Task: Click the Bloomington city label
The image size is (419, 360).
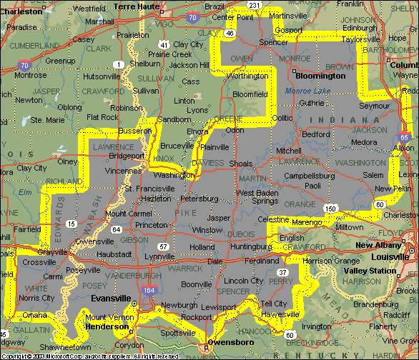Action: point(317,74)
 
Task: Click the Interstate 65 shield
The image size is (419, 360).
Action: point(405,138)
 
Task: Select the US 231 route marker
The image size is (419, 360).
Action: point(254,6)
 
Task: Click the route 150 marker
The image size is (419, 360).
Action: point(330,209)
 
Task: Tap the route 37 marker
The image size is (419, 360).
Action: point(283,272)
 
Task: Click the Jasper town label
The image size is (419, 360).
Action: point(218,217)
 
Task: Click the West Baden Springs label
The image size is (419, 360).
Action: point(258,197)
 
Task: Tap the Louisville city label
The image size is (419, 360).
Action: point(389,256)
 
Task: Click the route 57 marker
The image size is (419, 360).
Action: point(164,246)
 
